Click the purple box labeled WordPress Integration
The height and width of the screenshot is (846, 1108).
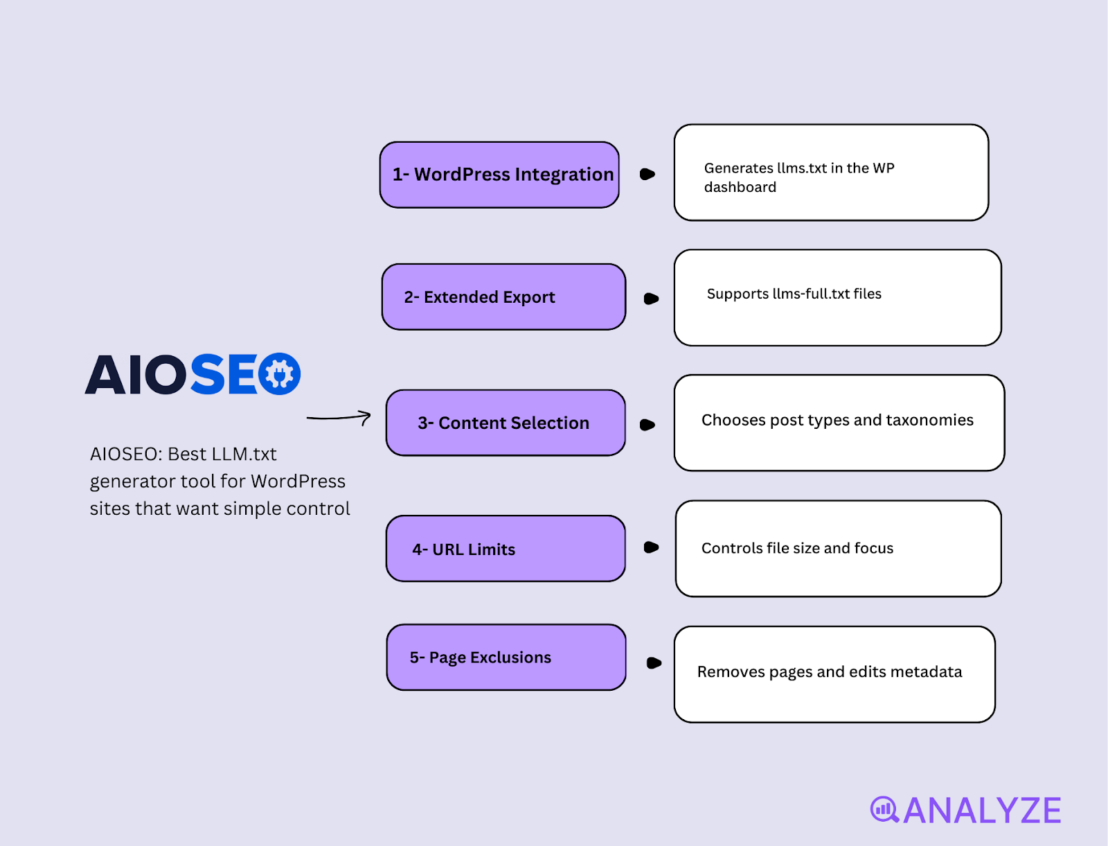[499, 175]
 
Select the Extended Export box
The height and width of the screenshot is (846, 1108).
[503, 297]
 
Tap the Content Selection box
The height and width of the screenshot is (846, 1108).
[506, 423]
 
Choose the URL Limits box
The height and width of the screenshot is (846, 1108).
[506, 549]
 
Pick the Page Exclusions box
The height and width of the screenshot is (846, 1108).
[506, 657]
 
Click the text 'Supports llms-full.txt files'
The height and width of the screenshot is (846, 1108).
[794, 294]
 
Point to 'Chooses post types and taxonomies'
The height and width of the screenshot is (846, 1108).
[837, 420]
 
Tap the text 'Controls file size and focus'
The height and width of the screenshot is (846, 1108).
[797, 548]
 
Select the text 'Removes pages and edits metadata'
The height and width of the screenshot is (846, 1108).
[830, 672]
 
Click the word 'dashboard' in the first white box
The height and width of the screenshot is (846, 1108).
[740, 187]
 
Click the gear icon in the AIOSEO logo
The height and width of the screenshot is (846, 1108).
[280, 373]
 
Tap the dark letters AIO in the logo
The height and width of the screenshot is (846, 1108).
[135, 374]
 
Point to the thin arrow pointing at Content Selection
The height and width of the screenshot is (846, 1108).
[339, 418]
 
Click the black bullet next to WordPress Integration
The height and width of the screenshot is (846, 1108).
[647, 174]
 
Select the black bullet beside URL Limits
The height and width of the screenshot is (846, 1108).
[651, 547]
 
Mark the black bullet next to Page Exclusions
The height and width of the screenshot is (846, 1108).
[654, 663]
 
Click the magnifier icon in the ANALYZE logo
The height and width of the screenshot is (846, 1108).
[884, 810]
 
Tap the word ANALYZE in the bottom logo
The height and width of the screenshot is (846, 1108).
[982, 811]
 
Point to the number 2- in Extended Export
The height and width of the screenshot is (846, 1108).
[411, 297]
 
